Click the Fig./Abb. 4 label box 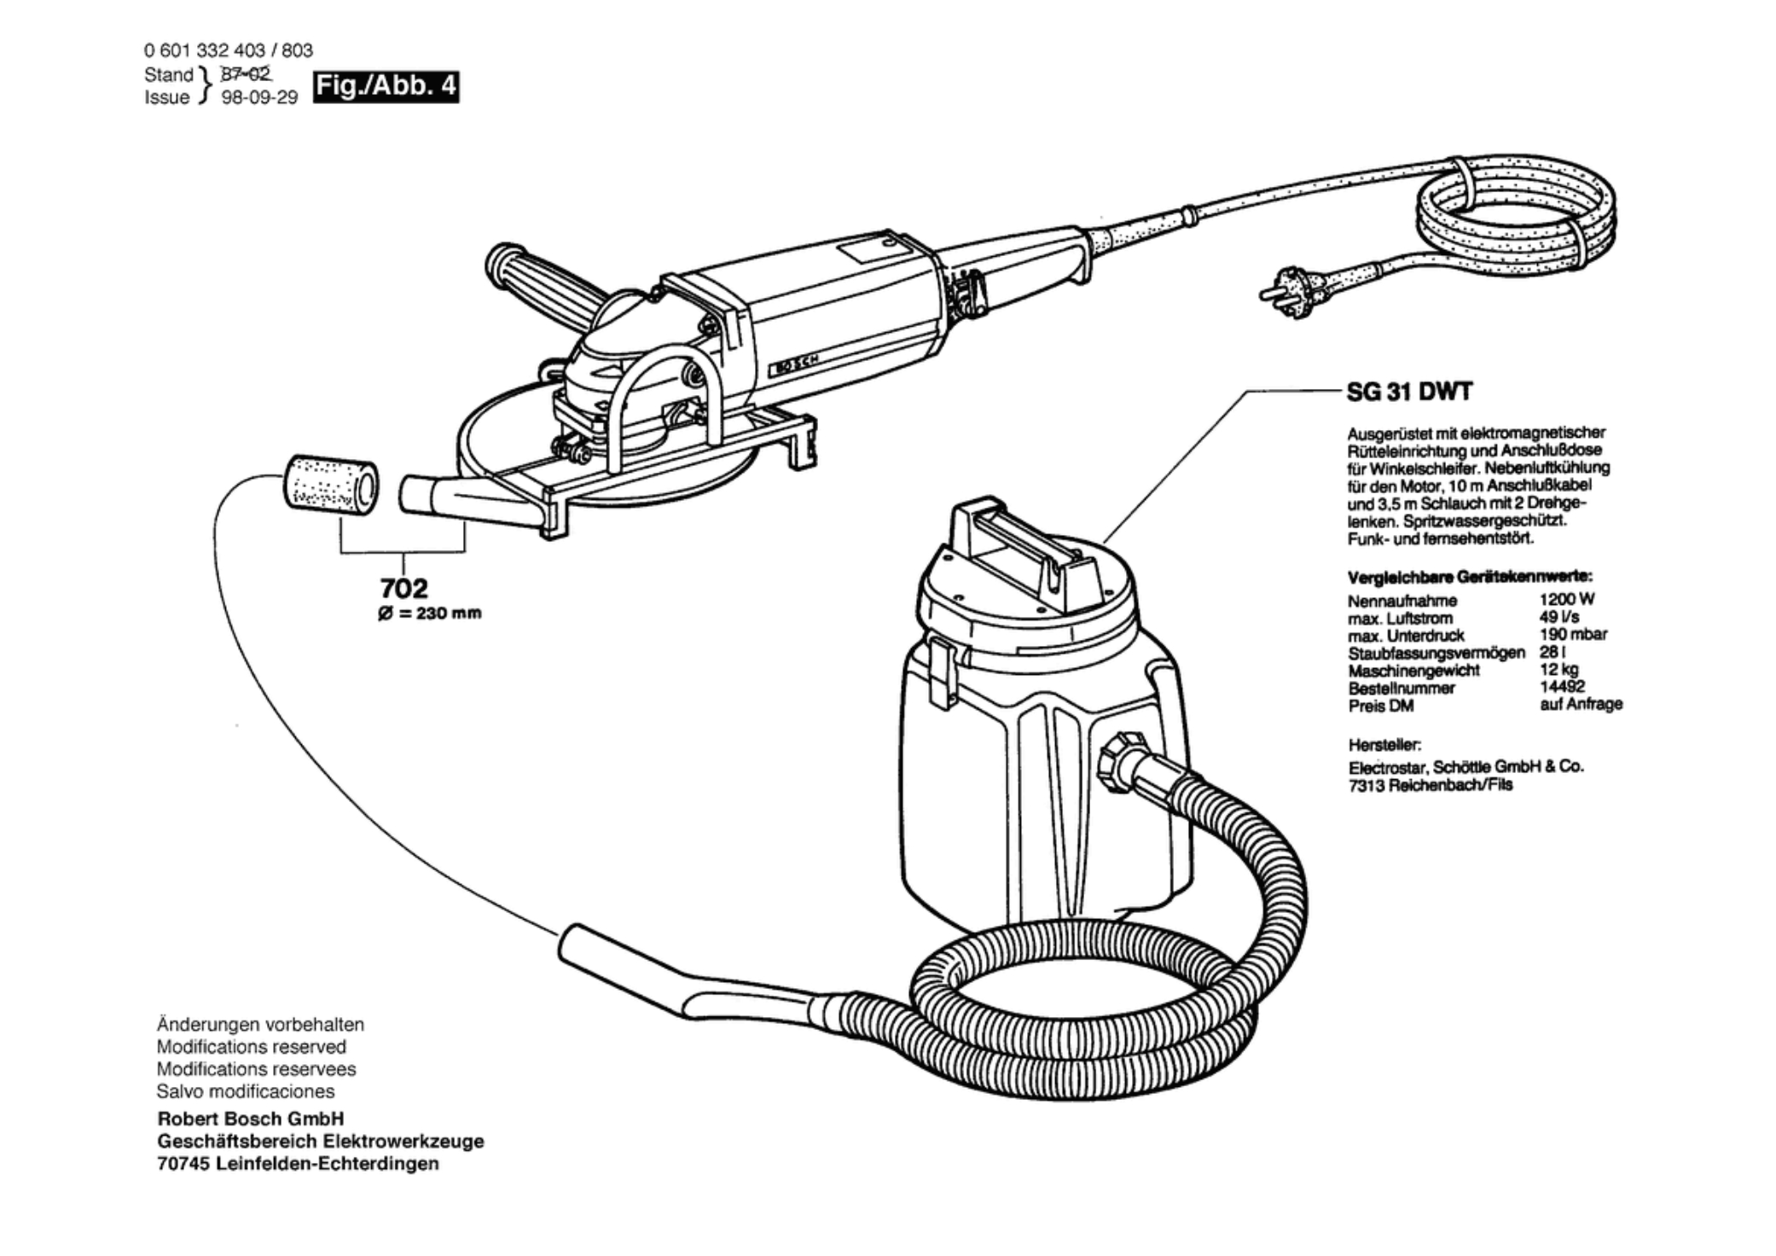[386, 87]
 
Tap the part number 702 [403, 588]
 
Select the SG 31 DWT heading [1409, 392]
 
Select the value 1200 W [1567, 599]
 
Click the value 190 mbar [1573, 634]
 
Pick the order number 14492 [1562, 686]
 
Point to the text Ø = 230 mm [430, 613]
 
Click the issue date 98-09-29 [259, 97]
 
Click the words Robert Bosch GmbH [251, 1119]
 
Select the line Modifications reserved [252, 1047]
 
